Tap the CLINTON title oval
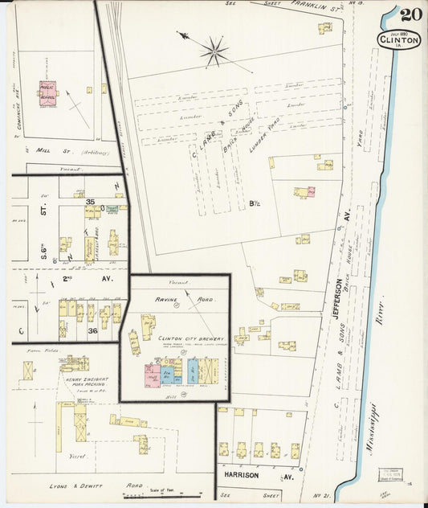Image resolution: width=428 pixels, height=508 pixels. point(398,39)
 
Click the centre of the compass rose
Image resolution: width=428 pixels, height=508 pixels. point(214,51)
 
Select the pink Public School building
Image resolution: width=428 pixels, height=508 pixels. point(48,92)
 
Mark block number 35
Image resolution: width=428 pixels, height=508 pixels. point(91,202)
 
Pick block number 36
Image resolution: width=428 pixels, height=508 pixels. point(92,329)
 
